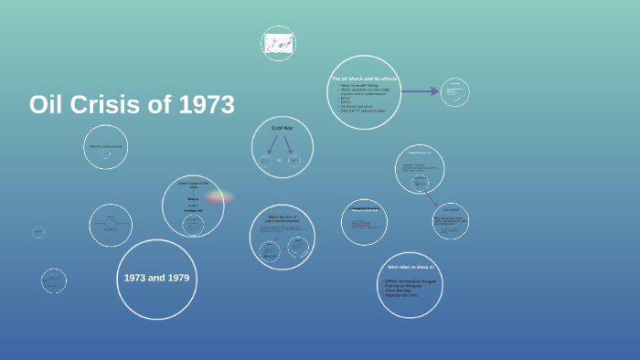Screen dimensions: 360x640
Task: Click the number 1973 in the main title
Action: (207, 105)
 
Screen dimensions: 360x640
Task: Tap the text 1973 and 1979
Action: (157, 277)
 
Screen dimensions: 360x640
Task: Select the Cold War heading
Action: (283, 128)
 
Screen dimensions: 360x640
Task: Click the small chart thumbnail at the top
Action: (278, 43)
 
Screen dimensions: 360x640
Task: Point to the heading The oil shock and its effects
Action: (364, 79)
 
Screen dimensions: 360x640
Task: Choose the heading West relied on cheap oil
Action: (410, 267)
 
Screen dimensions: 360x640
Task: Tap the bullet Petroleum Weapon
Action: (404, 285)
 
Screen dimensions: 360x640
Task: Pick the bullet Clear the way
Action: (399, 291)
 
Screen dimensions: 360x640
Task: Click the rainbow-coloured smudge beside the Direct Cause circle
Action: (219, 196)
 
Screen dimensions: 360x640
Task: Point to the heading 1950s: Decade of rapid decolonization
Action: (283, 218)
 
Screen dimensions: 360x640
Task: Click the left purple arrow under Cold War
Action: (272, 144)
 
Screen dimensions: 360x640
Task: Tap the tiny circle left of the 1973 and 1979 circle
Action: (54, 281)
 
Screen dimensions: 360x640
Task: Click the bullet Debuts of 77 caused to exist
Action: (362, 111)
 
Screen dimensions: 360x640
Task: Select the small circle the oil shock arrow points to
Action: (454, 91)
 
